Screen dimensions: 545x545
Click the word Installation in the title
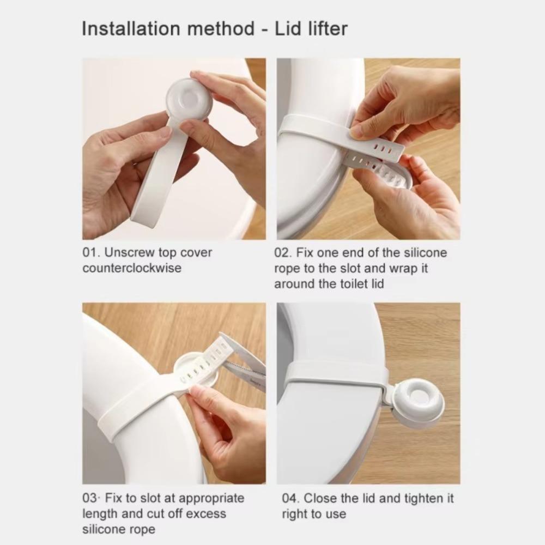[131, 28]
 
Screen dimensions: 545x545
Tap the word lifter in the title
[328, 28]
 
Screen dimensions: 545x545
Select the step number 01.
[90, 253]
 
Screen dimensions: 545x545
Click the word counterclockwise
[132, 268]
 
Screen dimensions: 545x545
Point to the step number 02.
[282, 253]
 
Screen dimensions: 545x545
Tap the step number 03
[90, 498]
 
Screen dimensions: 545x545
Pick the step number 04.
[290, 498]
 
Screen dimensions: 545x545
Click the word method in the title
[221, 28]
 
